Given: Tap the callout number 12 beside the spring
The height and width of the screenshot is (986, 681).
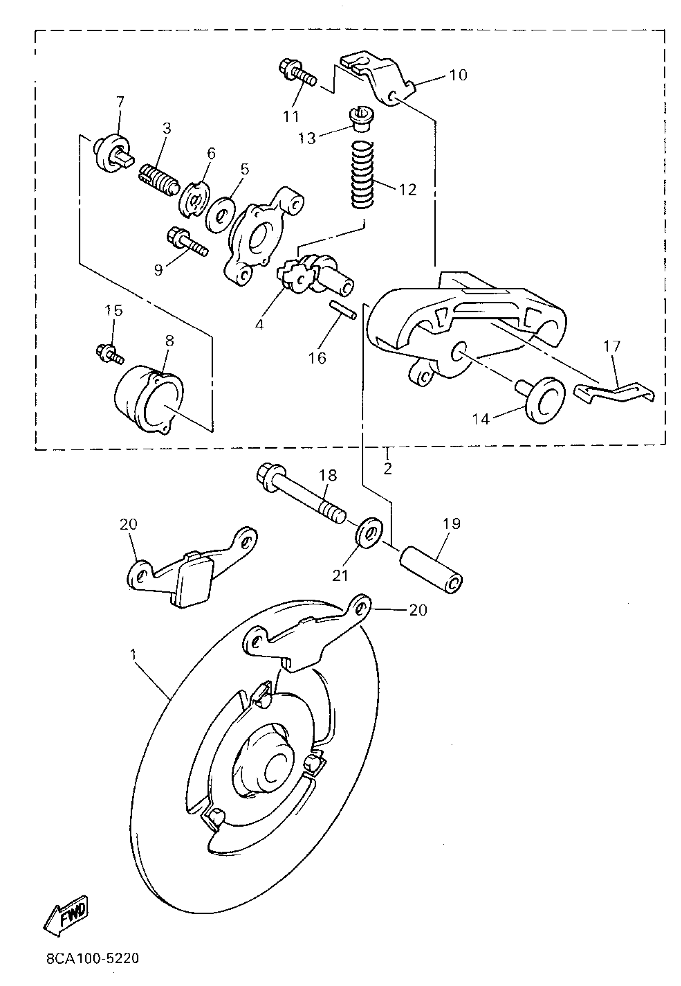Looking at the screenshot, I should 407,190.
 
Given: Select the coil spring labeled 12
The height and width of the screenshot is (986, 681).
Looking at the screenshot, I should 362,175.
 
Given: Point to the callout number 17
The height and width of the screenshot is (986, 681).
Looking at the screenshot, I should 611,346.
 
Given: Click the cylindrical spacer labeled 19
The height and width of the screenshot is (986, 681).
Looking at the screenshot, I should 431,570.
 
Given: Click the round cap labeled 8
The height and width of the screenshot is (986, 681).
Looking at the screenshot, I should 149,397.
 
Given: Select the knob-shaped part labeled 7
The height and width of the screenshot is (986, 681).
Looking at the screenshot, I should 112,153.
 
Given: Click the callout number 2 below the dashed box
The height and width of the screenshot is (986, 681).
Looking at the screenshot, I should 387,469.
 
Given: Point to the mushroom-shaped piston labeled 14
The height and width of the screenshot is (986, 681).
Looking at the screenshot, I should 543,399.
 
